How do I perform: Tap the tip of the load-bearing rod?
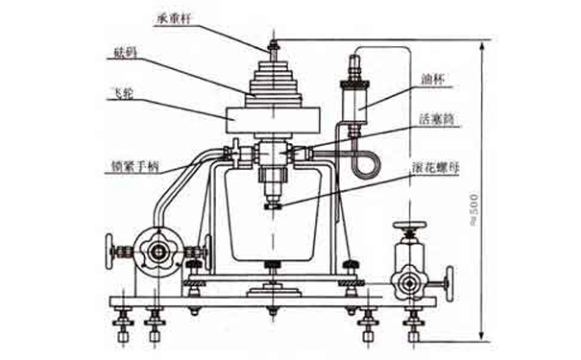coord(274,39)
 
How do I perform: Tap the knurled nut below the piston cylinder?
coord(274,203)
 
